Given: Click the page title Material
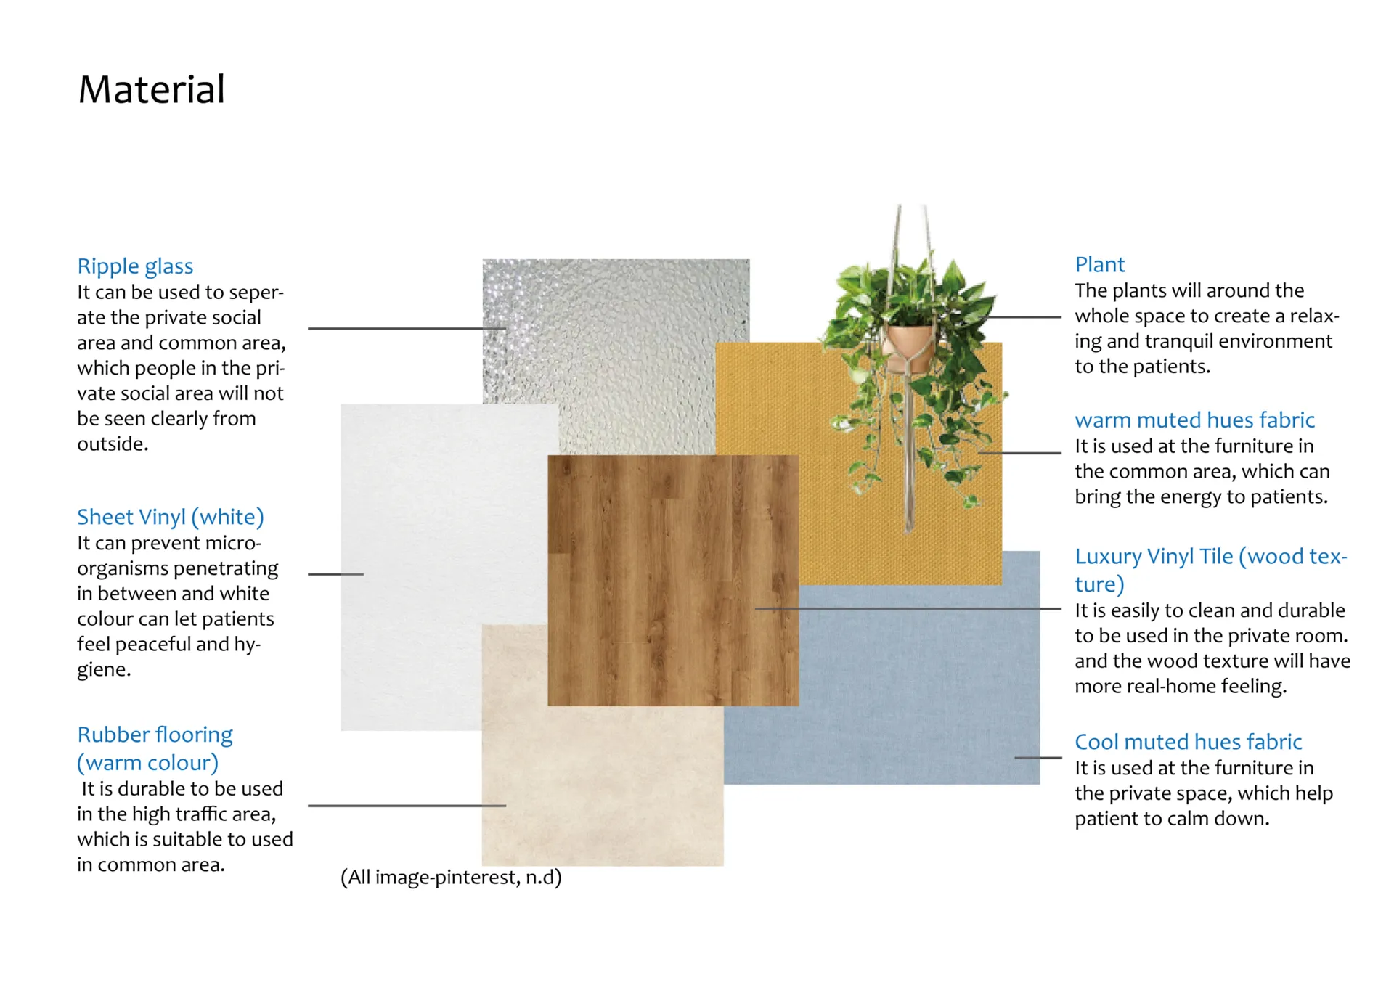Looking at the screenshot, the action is (151, 90).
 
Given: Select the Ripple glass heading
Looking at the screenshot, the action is (135, 266).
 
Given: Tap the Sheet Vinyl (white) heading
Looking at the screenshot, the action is (171, 517).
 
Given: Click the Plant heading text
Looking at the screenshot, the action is (1099, 264).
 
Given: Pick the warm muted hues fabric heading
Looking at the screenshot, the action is (1194, 420).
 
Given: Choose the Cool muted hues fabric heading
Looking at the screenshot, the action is (1188, 742).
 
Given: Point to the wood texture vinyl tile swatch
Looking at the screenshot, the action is (673, 580).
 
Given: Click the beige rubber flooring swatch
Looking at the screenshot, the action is (603, 784).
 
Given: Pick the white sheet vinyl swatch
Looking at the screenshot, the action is (436, 566).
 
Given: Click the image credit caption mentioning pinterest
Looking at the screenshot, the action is (451, 878).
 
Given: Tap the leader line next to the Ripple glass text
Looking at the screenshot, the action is (407, 329).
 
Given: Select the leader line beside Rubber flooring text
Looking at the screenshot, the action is (407, 806).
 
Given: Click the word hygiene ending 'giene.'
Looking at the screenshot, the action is (104, 670).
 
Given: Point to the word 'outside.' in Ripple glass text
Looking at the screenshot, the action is (113, 444).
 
